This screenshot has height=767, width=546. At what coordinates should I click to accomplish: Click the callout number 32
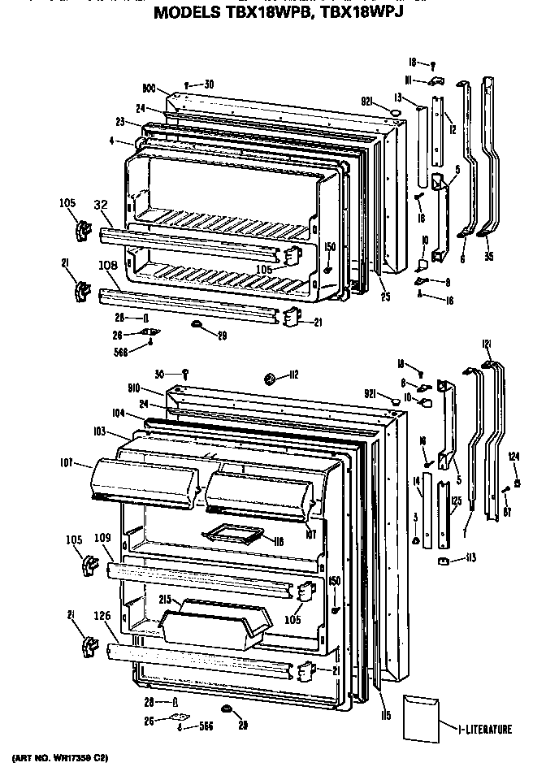[101, 206]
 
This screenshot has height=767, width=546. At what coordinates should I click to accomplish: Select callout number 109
[102, 537]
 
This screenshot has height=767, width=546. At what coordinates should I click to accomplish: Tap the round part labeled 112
[269, 376]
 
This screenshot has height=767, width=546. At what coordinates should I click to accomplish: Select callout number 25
[385, 297]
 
